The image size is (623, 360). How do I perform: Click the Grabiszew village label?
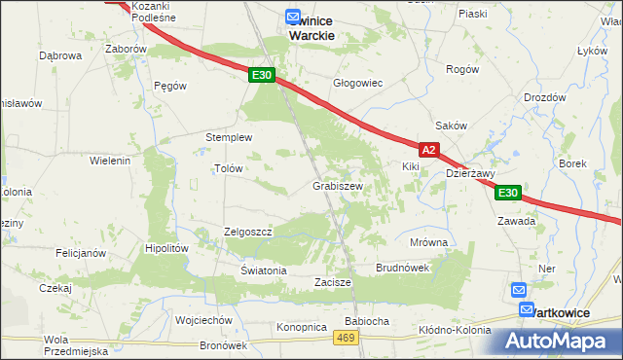[338, 186]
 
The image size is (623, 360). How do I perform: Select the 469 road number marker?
[345, 337]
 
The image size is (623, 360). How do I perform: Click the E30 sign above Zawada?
[508, 194]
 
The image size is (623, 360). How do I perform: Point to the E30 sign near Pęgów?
[260, 75]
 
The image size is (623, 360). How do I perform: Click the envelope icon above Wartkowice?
[519, 291]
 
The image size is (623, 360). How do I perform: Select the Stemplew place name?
[229, 137]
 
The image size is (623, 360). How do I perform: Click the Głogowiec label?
[358, 84]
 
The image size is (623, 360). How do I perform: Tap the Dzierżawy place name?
[471, 173]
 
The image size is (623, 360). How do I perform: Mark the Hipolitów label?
[165, 248]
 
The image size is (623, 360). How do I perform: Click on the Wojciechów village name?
[202, 320]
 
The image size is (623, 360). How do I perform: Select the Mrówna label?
[428, 242]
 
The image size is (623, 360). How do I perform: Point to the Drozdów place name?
[544, 98]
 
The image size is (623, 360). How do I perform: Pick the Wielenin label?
[110, 160]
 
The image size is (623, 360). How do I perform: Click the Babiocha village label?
[367, 321]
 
